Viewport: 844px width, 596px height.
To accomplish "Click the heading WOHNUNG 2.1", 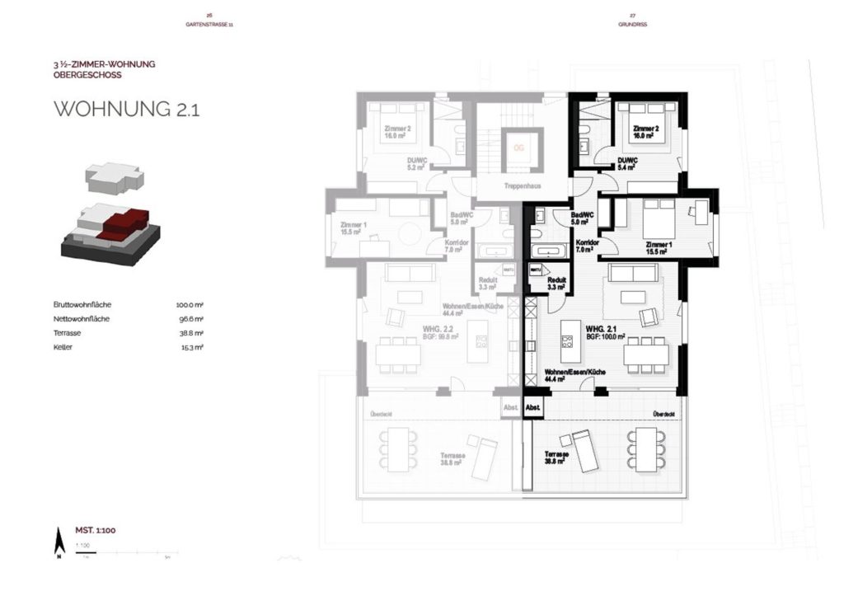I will tap(126, 110).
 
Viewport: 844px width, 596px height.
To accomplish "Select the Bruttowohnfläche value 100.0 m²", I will tap(190, 305).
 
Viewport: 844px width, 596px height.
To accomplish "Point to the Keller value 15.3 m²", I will tap(192, 347).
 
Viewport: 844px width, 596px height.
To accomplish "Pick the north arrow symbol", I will tap(59, 542).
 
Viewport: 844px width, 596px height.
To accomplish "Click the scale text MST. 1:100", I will tap(96, 530).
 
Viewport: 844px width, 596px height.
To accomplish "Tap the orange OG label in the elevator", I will tap(518, 148).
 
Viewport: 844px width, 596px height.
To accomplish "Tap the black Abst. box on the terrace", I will tap(533, 408).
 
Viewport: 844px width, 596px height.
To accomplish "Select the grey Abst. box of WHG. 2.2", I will tap(511, 408).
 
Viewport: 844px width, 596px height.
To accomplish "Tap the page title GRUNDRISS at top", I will tap(632, 25).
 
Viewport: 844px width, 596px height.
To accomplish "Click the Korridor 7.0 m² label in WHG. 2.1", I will tap(587, 246).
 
